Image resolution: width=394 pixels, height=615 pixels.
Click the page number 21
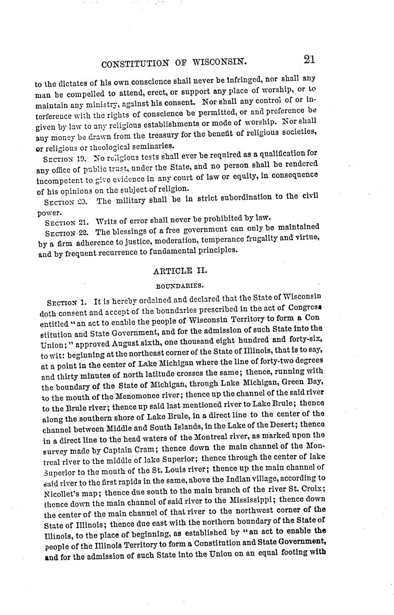(309, 59)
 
